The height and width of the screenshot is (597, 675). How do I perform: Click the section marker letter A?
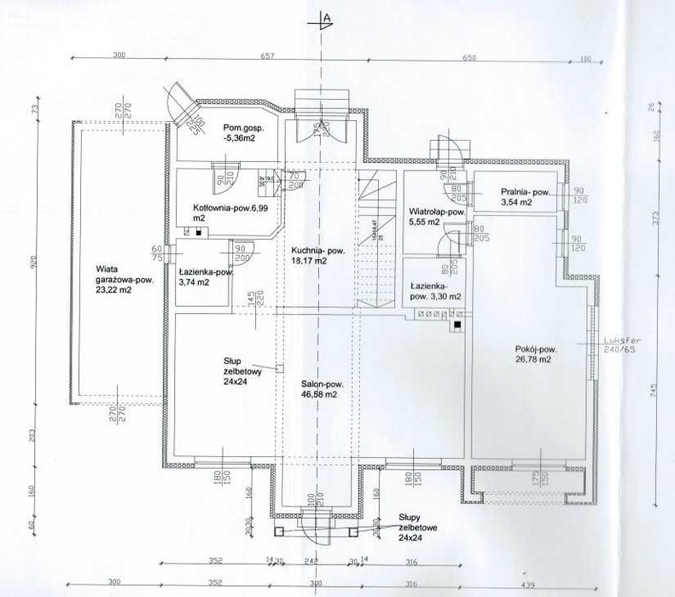tap(325, 17)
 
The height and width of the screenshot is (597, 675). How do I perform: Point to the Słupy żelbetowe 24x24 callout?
tap(417, 528)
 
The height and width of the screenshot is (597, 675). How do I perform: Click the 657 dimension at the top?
tap(291, 55)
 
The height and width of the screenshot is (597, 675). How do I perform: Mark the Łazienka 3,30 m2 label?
tap(435, 292)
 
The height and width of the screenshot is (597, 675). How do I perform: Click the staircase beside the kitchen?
tap(375, 239)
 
